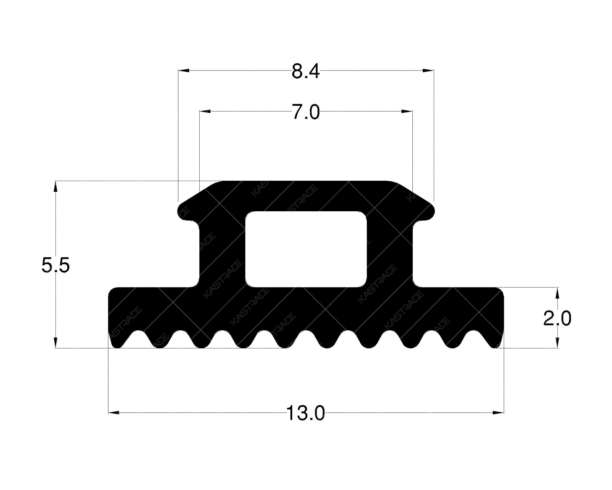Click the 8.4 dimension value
[305, 72]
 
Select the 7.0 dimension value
[306, 113]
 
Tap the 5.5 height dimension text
[56, 265]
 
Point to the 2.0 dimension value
[557, 318]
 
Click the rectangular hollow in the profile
[306, 249]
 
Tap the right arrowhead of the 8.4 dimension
[429, 70]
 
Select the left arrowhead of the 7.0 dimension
[205, 111]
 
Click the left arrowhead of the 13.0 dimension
[114, 412]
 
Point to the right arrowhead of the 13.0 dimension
[498, 412]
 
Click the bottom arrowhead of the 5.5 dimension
[56, 342]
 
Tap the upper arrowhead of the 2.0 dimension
[557, 293]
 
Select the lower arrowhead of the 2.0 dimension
[557, 343]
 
